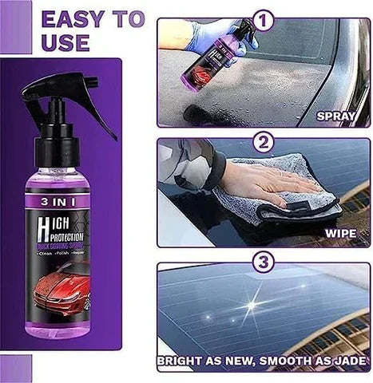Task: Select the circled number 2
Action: tap(264, 144)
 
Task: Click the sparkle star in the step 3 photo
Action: tap(254, 306)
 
